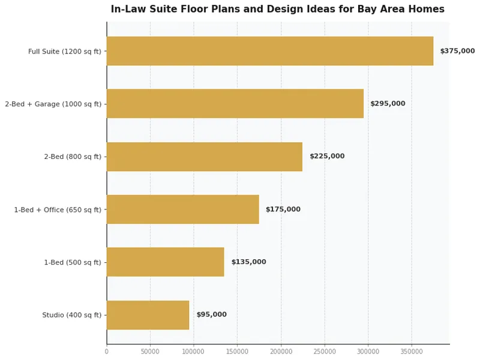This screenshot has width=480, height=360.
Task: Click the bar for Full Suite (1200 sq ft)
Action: tap(270, 51)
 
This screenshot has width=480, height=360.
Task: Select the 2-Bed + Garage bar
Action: tap(235, 104)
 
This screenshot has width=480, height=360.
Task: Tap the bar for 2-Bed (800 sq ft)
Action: tap(205, 157)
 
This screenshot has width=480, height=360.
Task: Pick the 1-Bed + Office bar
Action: tap(183, 209)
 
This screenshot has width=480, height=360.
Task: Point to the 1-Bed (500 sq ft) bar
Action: tap(166, 262)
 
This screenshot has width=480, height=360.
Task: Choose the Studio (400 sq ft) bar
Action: tap(148, 315)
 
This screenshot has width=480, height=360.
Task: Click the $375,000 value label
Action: tap(457, 51)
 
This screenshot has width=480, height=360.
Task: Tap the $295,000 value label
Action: tap(388, 104)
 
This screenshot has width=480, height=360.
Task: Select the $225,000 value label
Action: tap(327, 157)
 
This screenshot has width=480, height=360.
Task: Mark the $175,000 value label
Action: tap(283, 209)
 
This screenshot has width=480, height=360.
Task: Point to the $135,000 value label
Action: tap(248, 262)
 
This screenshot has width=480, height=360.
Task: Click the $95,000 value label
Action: tap(211, 315)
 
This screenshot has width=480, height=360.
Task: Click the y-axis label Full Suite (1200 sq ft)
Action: tap(65, 52)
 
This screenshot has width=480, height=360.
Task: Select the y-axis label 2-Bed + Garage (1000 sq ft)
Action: tap(53, 104)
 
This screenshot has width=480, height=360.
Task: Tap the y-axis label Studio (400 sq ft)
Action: tap(71, 316)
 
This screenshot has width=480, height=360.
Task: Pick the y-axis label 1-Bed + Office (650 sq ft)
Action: tap(58, 210)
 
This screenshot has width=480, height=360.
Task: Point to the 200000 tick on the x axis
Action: tap(281, 352)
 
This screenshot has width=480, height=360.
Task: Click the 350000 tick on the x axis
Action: tap(412, 352)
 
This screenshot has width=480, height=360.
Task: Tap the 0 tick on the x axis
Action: tap(107, 352)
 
